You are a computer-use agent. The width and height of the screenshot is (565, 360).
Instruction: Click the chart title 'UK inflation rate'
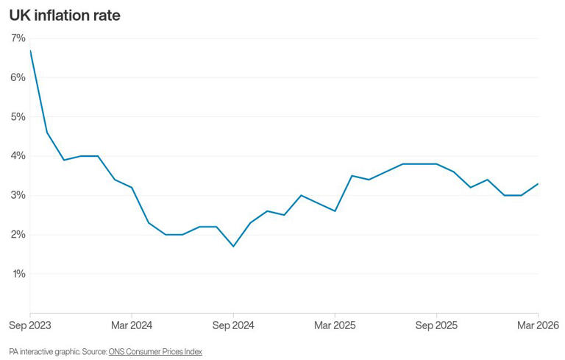(x=65, y=15)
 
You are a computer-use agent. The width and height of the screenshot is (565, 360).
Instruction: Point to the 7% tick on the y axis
(x=18, y=38)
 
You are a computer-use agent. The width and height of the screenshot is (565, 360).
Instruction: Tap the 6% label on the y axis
(x=18, y=77)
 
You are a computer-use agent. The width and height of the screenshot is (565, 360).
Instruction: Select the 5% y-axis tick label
(x=18, y=116)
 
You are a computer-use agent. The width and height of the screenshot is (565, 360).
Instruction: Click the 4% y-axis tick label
(x=18, y=156)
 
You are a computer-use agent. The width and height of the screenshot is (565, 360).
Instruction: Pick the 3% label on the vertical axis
(x=18, y=195)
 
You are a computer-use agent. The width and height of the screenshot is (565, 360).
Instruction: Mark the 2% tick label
(x=18, y=234)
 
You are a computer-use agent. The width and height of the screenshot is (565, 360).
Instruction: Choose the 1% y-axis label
(x=18, y=274)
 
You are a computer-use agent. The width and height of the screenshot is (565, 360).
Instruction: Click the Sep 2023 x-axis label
(x=30, y=325)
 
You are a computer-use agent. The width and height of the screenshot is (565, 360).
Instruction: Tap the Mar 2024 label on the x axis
(x=131, y=325)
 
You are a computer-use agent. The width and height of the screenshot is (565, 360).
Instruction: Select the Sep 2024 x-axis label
(x=232, y=325)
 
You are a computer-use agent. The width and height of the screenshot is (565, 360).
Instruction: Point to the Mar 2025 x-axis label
(x=335, y=325)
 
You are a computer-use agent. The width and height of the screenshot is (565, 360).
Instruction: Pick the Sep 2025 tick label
(x=436, y=325)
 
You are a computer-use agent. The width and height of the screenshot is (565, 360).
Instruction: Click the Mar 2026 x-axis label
(x=538, y=325)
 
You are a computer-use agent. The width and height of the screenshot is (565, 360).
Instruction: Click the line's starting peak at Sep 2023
(x=30, y=50)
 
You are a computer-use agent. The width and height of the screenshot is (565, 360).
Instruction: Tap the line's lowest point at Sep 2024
(x=233, y=246)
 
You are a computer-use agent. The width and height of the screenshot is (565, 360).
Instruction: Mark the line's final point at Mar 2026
(x=539, y=183)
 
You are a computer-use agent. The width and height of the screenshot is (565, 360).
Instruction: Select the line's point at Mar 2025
(x=335, y=211)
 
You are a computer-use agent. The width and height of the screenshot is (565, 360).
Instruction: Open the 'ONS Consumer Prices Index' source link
(x=155, y=352)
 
